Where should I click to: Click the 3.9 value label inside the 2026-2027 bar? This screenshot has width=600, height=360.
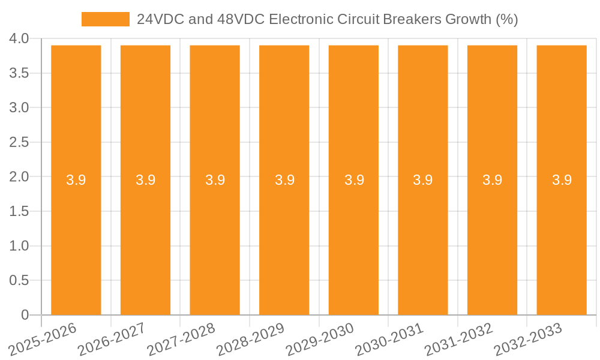click(x=146, y=180)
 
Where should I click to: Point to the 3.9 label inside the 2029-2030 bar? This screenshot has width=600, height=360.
click(x=354, y=180)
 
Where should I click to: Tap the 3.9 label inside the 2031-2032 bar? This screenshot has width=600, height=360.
click(x=493, y=180)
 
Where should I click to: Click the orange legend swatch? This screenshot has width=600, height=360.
click(x=106, y=19)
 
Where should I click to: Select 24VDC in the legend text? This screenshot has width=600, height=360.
click(x=160, y=19)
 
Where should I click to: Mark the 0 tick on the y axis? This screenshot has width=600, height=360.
click(x=25, y=315)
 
